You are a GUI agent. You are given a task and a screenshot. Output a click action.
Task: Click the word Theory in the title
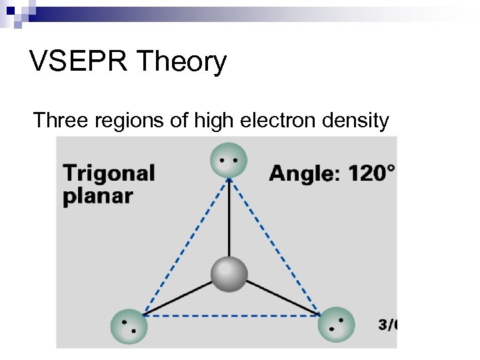(x=181, y=63)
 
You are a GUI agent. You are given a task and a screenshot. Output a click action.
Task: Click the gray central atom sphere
(x=229, y=274)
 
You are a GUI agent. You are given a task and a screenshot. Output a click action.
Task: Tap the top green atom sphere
(x=229, y=161)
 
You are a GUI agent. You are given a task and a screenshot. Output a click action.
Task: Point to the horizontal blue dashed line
(x=230, y=315)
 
